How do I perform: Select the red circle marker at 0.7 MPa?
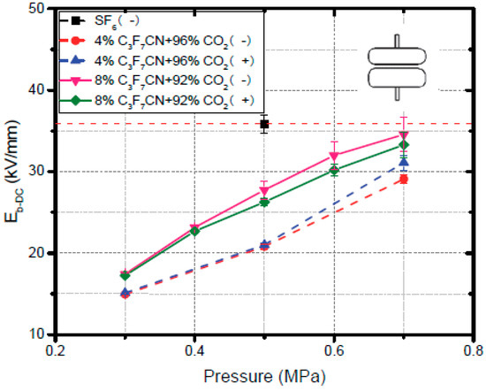[x=403, y=179]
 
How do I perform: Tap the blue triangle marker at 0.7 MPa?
[x=403, y=162]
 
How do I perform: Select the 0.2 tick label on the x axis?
[x=56, y=350]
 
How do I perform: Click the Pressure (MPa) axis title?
[x=264, y=375]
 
